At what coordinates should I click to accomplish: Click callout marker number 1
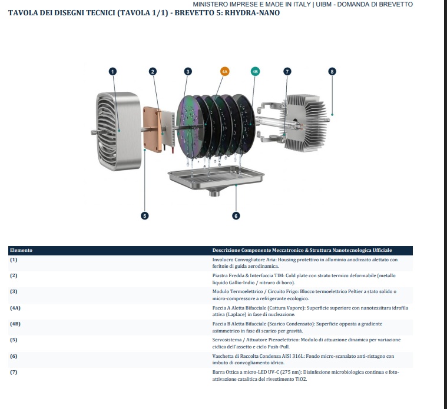(112, 71)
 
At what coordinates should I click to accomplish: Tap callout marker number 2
(153, 71)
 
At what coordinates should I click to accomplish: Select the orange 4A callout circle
(224, 71)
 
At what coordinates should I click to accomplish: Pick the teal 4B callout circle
(255, 71)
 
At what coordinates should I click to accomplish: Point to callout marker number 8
(332, 71)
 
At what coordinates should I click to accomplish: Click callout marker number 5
(144, 215)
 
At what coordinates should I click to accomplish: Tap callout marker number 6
(236, 215)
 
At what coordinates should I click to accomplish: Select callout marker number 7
(287, 71)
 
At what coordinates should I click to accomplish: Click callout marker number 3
(188, 71)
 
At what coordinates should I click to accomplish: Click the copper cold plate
(152, 129)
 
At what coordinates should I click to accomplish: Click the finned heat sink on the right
(305, 123)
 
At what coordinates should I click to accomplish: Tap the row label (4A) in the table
(15, 308)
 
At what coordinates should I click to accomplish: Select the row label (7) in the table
(14, 372)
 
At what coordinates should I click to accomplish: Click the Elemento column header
(21, 250)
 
